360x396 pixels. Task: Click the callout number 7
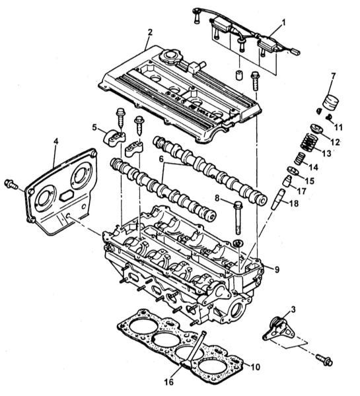(x=333, y=76)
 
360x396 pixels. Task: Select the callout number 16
(x=169, y=382)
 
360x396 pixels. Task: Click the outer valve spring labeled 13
(x=309, y=142)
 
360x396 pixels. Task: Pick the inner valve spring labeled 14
(x=300, y=159)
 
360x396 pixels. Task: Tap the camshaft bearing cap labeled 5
(x=114, y=137)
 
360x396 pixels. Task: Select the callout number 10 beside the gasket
(x=254, y=367)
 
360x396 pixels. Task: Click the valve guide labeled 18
(x=278, y=199)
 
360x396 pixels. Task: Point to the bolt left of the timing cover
(x=11, y=184)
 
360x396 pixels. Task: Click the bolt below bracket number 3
(x=324, y=360)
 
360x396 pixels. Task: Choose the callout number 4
(x=56, y=141)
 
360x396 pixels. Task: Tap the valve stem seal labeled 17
(x=287, y=181)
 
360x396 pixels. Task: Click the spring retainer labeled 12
(x=317, y=129)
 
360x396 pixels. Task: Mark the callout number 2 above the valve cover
(x=150, y=32)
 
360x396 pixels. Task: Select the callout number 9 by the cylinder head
(x=277, y=270)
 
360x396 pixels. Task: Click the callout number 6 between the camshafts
(x=161, y=159)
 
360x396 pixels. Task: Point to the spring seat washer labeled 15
(x=293, y=171)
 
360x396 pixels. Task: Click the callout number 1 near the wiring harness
(x=283, y=22)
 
